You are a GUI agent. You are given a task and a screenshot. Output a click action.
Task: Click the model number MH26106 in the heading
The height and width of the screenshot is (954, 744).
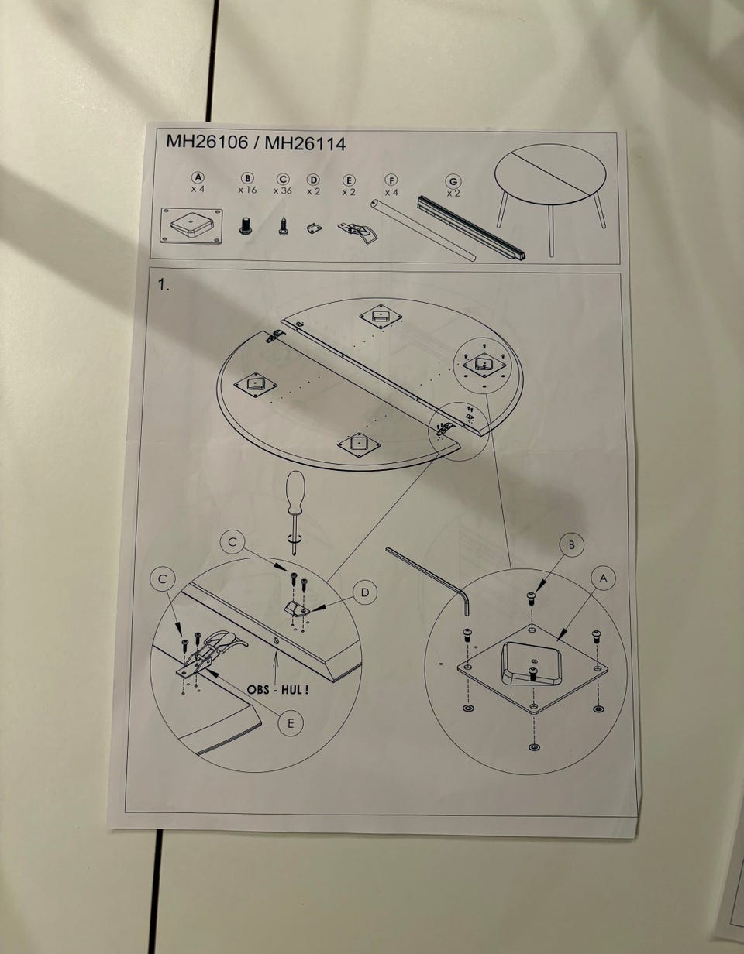(x=207, y=142)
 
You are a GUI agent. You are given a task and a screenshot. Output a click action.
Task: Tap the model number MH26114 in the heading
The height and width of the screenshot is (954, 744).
(x=305, y=143)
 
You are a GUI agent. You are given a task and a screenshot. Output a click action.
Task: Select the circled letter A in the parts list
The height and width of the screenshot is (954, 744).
(x=198, y=177)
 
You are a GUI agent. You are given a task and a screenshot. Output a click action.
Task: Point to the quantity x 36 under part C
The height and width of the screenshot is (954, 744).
(x=282, y=191)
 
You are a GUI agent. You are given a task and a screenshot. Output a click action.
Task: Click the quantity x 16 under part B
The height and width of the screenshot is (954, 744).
(x=247, y=190)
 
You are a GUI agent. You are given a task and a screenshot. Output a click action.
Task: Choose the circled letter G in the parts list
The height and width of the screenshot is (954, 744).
(x=453, y=181)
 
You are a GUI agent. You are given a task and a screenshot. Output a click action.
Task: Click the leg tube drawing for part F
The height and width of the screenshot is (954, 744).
(x=423, y=230)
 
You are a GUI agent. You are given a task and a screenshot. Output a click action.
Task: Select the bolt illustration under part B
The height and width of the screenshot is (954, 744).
(x=245, y=225)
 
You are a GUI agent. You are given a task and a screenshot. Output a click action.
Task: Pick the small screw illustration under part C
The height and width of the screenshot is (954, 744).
(x=283, y=225)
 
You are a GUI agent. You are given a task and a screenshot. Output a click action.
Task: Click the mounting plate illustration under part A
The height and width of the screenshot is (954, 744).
(x=191, y=226)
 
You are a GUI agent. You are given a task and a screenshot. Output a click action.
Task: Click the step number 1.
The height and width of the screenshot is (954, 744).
(x=164, y=286)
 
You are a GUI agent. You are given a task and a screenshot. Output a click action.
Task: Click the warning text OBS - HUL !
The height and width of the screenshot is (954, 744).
(x=277, y=689)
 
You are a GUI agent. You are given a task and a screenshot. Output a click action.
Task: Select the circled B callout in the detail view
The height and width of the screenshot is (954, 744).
(x=571, y=545)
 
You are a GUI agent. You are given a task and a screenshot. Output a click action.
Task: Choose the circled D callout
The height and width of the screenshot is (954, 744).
(x=365, y=592)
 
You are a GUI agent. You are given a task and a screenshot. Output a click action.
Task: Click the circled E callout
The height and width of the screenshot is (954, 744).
(x=291, y=723)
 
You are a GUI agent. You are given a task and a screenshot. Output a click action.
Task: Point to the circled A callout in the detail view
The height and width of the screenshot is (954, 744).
(x=604, y=579)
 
